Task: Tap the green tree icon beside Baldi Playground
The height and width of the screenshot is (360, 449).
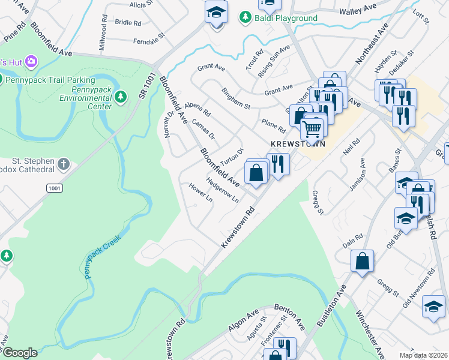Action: tap(244, 19)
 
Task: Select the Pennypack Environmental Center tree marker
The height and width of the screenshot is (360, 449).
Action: tap(121, 97)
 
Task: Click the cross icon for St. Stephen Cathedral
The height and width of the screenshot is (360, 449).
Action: tap(64, 163)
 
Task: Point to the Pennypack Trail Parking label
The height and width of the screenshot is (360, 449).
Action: tap(51, 80)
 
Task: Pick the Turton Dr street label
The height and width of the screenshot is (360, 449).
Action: tap(232, 158)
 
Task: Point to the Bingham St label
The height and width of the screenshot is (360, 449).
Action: tap(236, 98)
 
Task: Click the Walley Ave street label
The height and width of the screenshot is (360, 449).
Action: tap(357, 11)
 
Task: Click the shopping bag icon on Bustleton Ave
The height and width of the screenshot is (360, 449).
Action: tap(363, 261)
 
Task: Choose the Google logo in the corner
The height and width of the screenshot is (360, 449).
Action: tap(19, 353)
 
